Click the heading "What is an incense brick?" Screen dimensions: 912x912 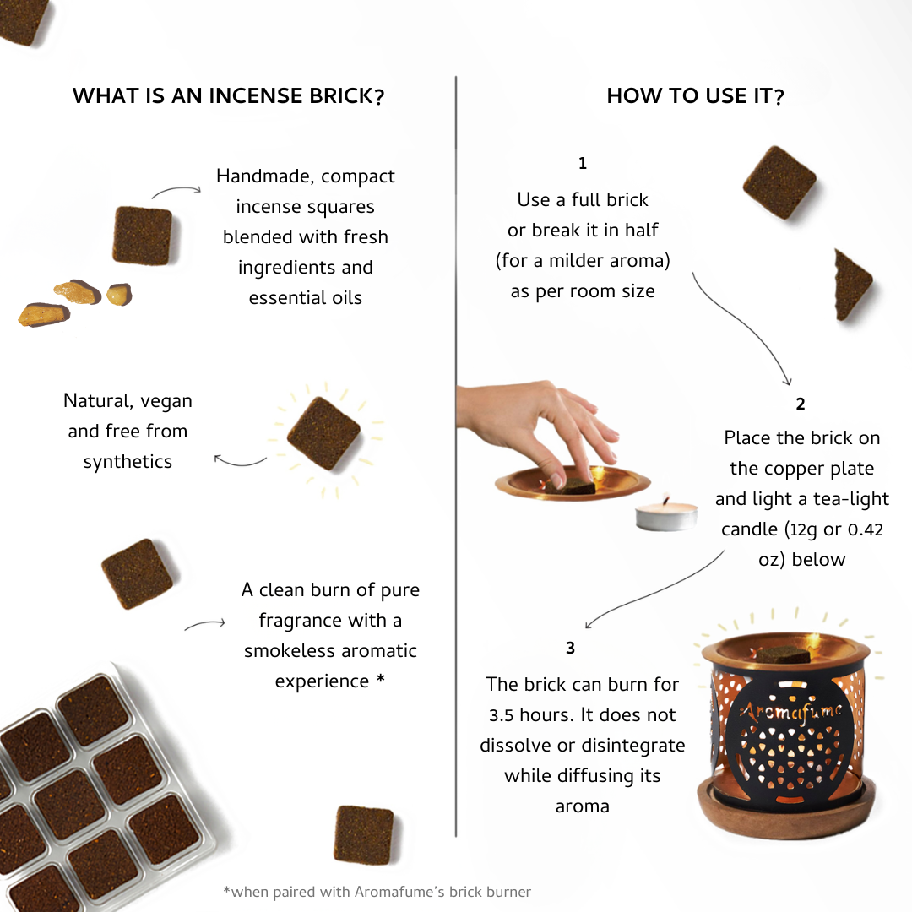point(228,96)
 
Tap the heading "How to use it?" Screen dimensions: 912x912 point(695,96)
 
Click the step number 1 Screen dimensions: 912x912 point(583,164)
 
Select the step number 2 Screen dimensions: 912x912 point(801,404)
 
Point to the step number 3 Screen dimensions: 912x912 point(571,649)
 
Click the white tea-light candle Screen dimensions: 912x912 point(666,514)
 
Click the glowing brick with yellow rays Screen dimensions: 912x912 point(323,434)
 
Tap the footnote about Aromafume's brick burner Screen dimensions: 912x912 point(377,891)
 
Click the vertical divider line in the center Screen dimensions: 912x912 point(456,456)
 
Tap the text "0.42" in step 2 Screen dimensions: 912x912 point(864,529)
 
